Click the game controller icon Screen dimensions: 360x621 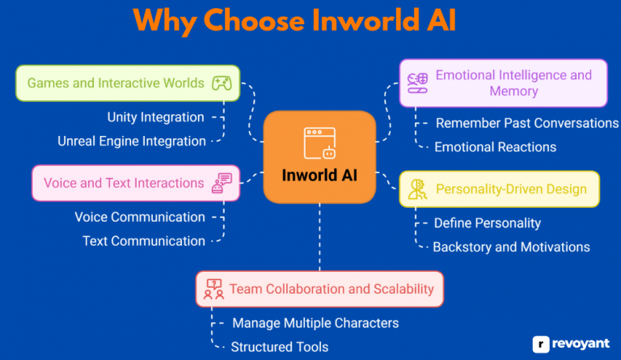tap(220, 83)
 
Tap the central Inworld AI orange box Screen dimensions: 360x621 tap(319, 157)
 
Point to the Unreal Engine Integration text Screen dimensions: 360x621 tap(132, 141)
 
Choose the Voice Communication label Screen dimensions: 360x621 tap(140, 217)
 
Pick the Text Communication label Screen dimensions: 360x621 tap(144, 240)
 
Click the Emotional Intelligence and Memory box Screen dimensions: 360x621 tap(503, 83)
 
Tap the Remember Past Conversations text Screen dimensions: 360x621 tap(526, 123)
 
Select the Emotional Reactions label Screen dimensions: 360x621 tap(495, 146)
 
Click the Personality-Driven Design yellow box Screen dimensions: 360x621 tap(500, 189)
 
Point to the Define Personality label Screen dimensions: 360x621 tap(487, 222)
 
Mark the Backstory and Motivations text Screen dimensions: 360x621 tap(511, 247)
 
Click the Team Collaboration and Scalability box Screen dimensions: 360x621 tap(320, 289)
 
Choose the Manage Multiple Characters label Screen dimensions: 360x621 tap(315, 323)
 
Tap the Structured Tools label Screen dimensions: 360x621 tap(279, 346)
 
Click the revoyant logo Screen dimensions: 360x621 tap(571, 344)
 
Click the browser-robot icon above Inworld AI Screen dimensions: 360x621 tap(319, 143)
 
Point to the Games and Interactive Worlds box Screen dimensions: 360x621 tap(127, 83)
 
